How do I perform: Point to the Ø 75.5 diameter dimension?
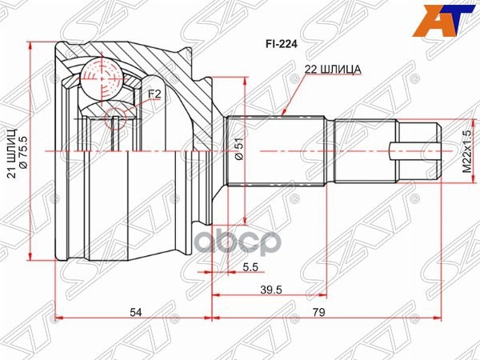[x=23, y=155]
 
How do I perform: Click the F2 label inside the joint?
[x=154, y=94]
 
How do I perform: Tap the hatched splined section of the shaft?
[x=276, y=151]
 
